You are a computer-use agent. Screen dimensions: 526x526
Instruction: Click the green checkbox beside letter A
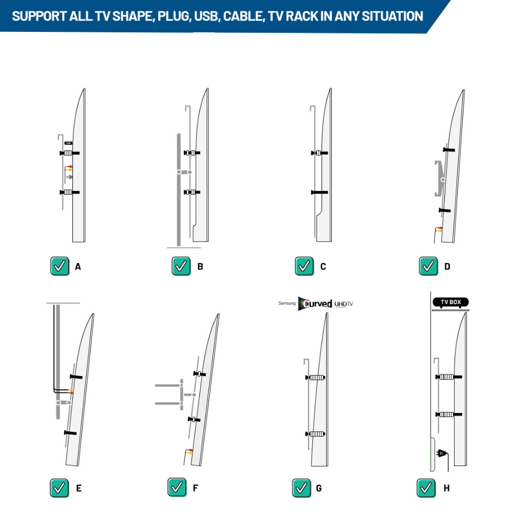point(60,267)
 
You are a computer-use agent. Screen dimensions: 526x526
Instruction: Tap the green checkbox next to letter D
point(428,267)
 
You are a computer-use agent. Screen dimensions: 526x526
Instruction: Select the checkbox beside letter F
point(177,487)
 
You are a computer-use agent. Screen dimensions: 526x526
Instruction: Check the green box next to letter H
point(426,488)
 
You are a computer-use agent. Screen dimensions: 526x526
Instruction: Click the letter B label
point(200,267)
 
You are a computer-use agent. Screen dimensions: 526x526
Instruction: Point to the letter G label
point(318,489)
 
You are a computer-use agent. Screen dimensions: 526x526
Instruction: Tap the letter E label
point(79,489)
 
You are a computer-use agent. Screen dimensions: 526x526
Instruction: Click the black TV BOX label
point(450,302)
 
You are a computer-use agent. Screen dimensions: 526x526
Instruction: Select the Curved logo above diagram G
point(315,304)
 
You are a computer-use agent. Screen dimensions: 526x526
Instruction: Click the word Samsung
point(287,303)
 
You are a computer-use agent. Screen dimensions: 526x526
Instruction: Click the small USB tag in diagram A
point(68,143)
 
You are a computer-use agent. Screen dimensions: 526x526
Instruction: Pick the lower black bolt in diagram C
point(320,192)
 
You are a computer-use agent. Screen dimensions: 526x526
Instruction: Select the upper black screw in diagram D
point(449,149)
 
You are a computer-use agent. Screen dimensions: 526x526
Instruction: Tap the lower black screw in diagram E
point(70,433)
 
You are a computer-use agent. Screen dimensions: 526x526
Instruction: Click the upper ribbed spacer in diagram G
point(316,378)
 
